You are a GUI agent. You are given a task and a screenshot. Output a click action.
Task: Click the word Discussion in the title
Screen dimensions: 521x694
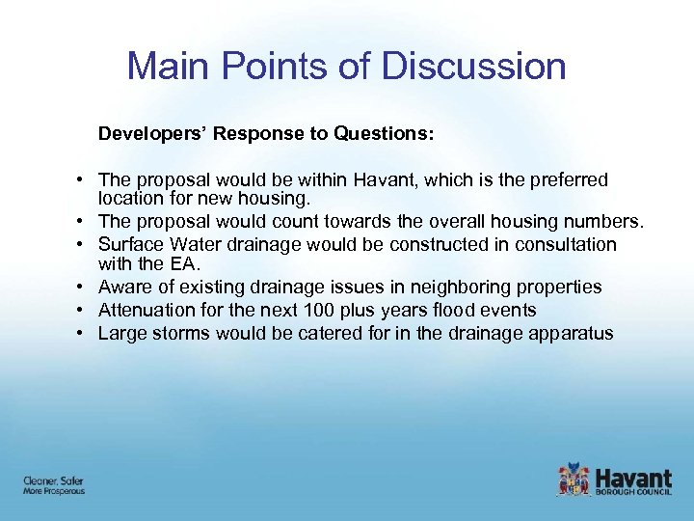[473, 67]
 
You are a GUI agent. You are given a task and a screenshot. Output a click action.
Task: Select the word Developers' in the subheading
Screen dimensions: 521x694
[151, 134]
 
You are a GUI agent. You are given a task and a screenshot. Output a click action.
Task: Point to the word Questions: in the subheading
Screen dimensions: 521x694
[384, 134]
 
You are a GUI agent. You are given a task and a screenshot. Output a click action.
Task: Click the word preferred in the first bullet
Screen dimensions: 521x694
[570, 180]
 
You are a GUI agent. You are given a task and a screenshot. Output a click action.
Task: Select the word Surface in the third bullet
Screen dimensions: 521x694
[128, 245]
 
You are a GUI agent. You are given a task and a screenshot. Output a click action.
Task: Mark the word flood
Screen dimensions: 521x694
[459, 311]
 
